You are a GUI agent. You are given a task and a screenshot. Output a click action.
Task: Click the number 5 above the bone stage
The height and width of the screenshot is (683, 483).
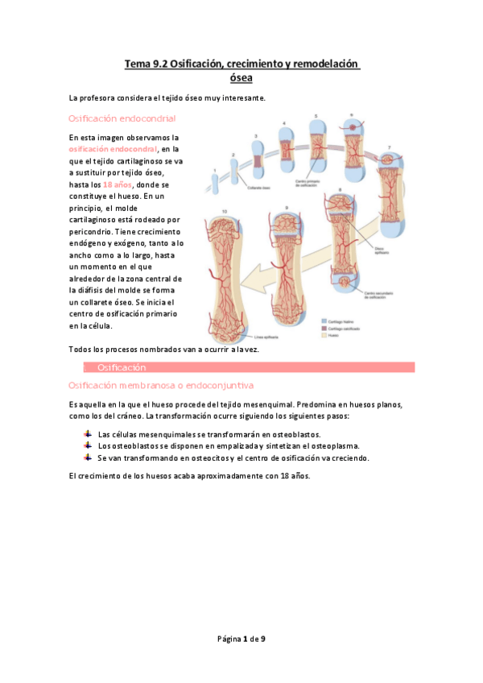click(315, 116)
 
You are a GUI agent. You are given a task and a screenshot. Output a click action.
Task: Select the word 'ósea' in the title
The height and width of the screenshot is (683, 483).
click(242, 78)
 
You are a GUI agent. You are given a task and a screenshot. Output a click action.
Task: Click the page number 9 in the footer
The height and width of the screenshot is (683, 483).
click(263, 639)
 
